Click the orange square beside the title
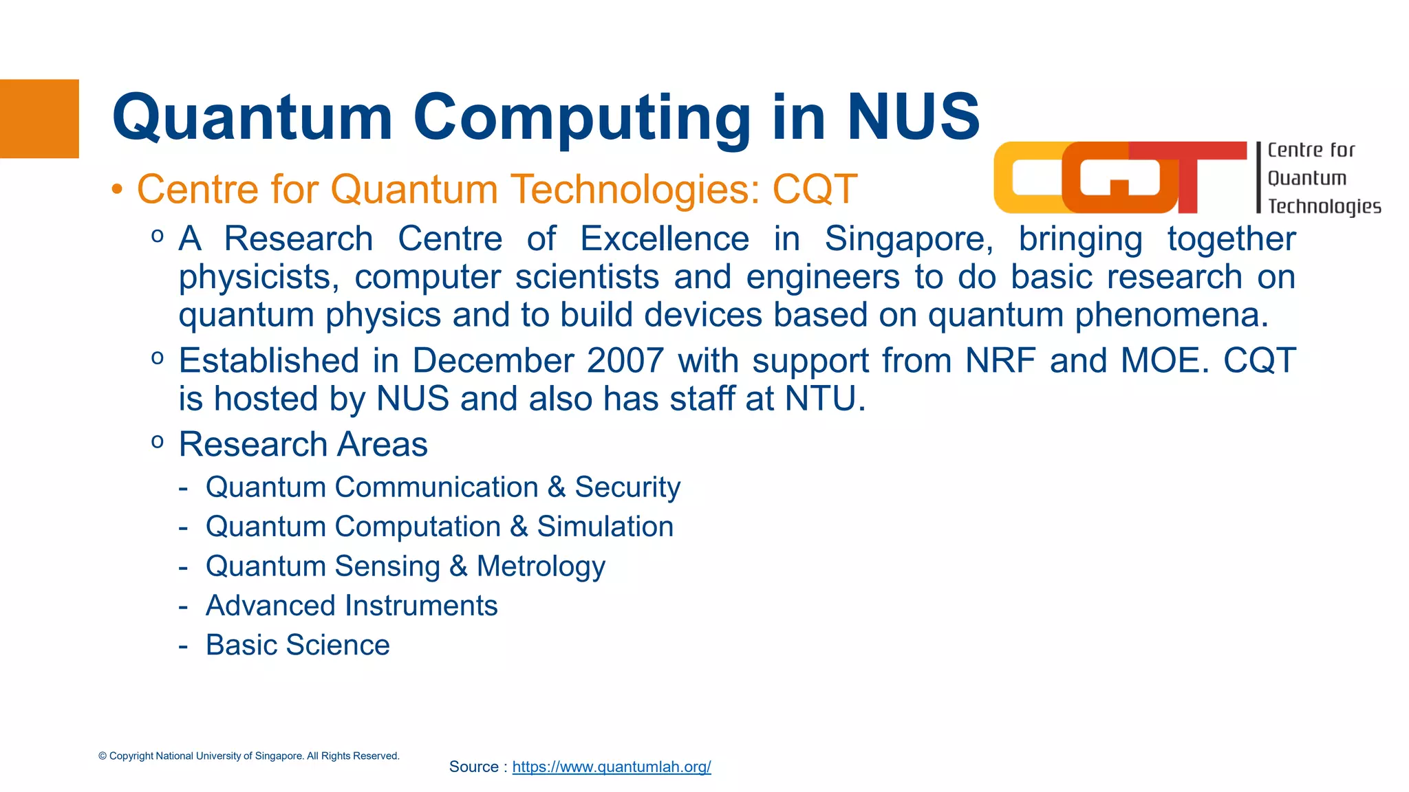39,118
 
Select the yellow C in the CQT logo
1025,177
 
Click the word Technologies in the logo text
1324,206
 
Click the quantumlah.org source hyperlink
611,767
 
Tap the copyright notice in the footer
248,756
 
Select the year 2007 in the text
625,360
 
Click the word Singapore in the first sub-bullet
909,239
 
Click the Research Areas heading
303,444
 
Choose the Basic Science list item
297,645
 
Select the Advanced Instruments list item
351,606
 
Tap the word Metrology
541,566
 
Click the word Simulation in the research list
605,527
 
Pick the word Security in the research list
627,487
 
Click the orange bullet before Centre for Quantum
118,189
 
